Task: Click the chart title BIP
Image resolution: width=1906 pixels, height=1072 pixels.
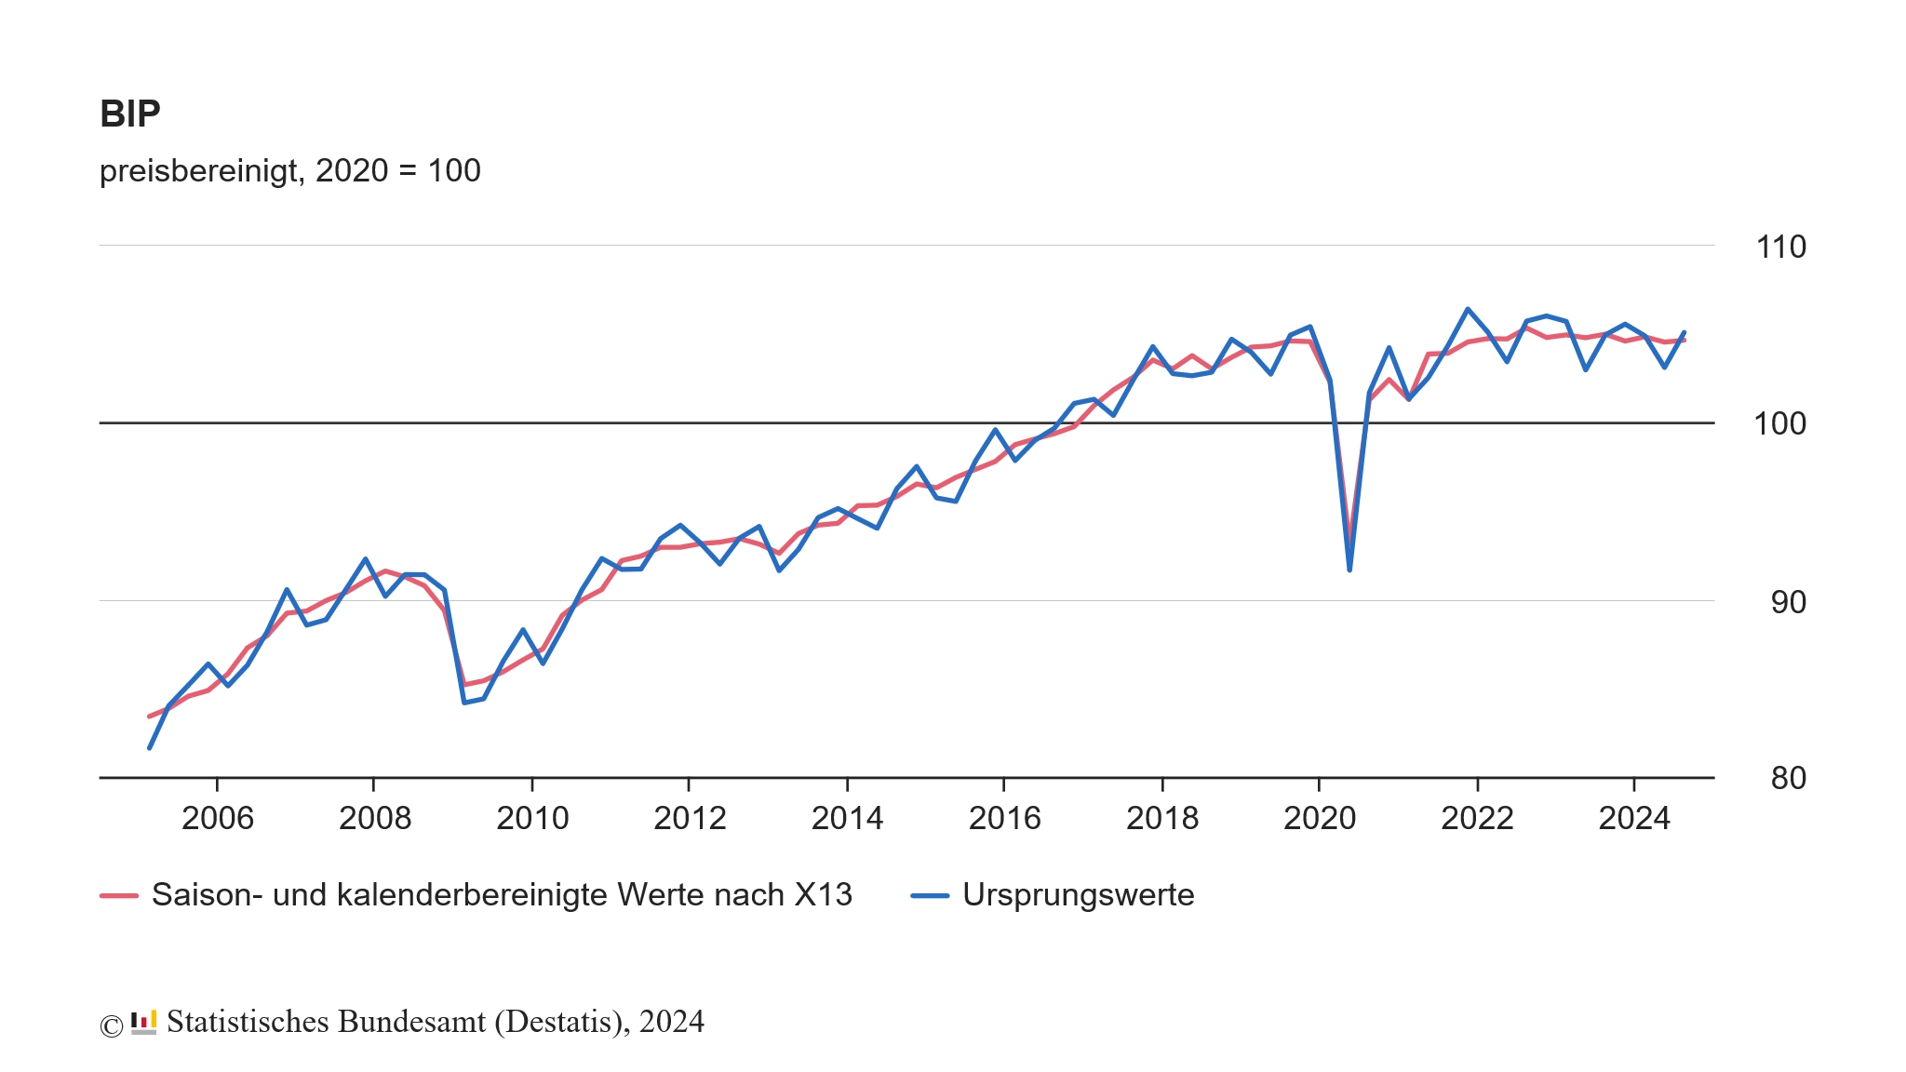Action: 130,114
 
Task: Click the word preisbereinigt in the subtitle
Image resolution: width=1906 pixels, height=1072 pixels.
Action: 198,171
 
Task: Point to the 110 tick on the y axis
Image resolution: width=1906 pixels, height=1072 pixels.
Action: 1780,247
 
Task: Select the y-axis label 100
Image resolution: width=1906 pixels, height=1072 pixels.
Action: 1779,424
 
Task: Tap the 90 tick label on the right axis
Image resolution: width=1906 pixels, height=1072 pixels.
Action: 1788,602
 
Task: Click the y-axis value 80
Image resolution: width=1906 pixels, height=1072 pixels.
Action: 1788,778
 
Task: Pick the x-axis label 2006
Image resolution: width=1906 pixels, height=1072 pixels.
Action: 218,818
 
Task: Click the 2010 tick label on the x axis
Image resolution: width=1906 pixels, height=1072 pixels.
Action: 532,818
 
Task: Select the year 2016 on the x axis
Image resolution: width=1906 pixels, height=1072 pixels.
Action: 1004,818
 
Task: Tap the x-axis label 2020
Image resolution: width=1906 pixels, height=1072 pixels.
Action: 1320,818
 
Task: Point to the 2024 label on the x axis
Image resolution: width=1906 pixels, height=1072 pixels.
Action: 1634,818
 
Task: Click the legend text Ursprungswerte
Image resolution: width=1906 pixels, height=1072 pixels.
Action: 1078,895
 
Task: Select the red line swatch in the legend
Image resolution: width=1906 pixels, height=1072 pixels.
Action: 119,895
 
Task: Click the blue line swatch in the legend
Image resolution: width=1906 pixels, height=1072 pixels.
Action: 930,895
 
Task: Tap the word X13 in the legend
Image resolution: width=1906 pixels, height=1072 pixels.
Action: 823,895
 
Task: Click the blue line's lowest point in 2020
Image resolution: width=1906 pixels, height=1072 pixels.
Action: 1349,569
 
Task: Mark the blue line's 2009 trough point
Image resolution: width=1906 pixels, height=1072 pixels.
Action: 464,703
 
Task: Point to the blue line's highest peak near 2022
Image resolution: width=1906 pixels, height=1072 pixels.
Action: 1468,309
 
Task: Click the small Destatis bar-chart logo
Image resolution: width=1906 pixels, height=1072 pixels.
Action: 143,1022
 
